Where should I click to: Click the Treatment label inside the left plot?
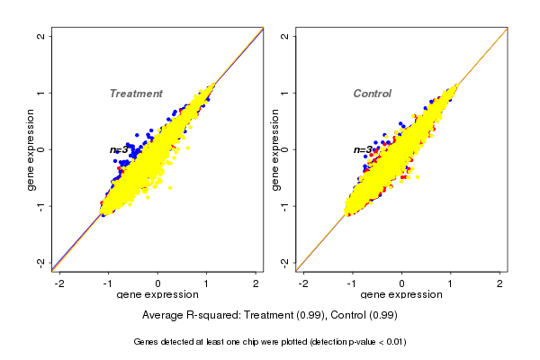tap(136, 94)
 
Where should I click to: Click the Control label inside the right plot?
tap(373, 94)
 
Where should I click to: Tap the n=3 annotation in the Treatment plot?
tap(120, 149)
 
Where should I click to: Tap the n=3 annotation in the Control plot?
tap(364, 149)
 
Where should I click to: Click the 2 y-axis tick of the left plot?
tap(41, 36)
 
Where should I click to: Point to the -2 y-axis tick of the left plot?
tap(41, 262)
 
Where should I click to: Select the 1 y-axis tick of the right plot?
tap(285, 93)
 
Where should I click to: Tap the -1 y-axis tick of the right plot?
tap(285, 205)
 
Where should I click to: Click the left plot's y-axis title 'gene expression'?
tap(31, 149)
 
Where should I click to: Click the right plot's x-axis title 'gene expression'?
tap(402, 295)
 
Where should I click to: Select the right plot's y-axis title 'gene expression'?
tap(274, 149)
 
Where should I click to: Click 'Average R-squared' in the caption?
tap(184, 316)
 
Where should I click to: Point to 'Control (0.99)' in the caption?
tap(364, 316)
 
